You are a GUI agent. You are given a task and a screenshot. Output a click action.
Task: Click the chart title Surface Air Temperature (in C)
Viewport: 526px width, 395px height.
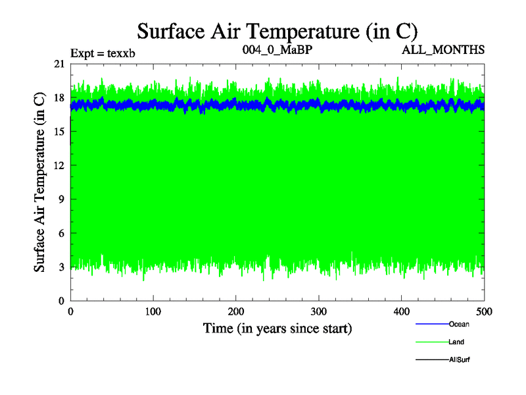[x=277, y=31]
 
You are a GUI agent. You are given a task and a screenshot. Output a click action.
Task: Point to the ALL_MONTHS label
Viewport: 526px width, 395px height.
[x=448, y=49]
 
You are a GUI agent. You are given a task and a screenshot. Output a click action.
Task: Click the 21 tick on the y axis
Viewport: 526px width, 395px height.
[x=60, y=64]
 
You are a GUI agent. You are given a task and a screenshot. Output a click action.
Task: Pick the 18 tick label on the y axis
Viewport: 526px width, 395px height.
[x=60, y=97]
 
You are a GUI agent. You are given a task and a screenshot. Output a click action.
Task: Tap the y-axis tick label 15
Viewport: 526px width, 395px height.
[x=60, y=132]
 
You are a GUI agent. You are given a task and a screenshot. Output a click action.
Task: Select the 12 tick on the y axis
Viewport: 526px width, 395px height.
[x=60, y=165]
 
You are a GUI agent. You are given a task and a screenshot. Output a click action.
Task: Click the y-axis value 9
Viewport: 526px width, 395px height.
[x=62, y=199]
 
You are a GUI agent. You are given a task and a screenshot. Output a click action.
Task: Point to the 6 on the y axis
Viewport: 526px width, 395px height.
[x=62, y=233]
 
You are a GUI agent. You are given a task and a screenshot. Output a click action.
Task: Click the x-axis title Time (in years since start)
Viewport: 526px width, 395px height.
[x=277, y=328]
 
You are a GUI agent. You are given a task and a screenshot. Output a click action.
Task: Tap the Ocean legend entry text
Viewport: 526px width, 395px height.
[x=459, y=324]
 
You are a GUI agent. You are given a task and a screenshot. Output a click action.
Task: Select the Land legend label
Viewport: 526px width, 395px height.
[x=456, y=342]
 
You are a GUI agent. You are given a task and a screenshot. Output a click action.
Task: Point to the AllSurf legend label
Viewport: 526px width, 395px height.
[x=459, y=360]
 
